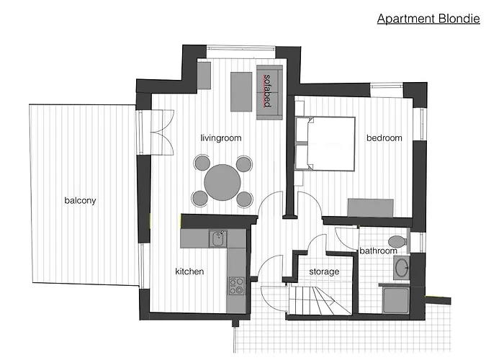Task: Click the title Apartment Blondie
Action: tap(428, 18)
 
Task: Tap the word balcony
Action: tap(79, 201)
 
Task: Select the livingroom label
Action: tap(220, 138)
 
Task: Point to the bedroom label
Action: tap(384, 138)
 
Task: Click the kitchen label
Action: tap(189, 271)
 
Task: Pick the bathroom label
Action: tap(379, 251)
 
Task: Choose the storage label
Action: tap(324, 271)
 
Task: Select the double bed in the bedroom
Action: tap(326, 143)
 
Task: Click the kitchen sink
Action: tap(217, 238)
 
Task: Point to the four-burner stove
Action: tap(235, 286)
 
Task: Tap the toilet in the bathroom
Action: tap(395, 240)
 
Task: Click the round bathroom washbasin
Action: tap(400, 268)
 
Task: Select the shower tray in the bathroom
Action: tap(395, 297)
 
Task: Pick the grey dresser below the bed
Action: tap(371, 207)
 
